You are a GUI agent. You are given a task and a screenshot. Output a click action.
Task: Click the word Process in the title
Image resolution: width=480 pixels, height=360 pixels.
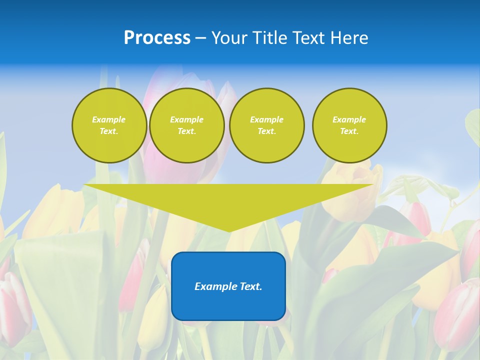point(157,38)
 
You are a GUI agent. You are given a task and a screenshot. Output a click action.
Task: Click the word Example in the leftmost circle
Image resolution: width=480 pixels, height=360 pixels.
point(109,119)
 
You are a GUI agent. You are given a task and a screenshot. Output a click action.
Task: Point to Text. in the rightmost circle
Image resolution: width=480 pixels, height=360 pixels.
point(349,131)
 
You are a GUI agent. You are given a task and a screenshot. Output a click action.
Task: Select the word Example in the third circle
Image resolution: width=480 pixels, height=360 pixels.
point(266,119)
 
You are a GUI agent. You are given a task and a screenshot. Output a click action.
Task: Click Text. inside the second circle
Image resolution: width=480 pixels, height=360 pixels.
point(186,131)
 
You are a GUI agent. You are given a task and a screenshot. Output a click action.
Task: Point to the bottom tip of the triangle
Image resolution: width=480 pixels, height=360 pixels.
point(229,230)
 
